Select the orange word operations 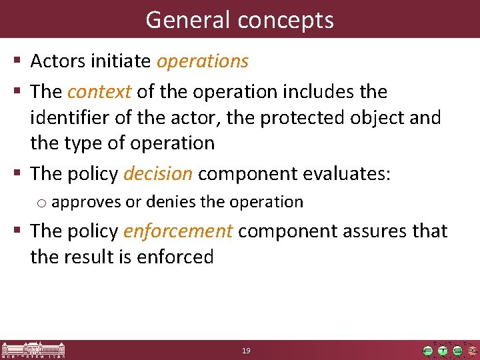203,61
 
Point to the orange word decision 158,174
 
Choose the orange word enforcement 178,231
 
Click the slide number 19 246,351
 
